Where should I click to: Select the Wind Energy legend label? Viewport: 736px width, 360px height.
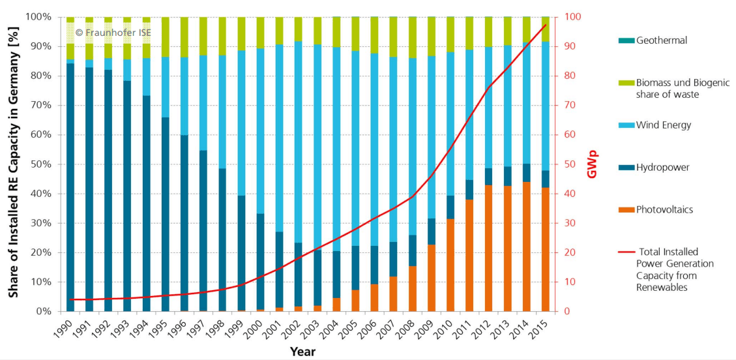click(x=664, y=125)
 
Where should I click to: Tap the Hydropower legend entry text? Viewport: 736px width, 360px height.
click(x=663, y=168)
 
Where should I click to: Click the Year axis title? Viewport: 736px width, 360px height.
click(x=302, y=352)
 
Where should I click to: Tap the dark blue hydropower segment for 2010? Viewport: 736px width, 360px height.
click(x=450, y=207)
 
